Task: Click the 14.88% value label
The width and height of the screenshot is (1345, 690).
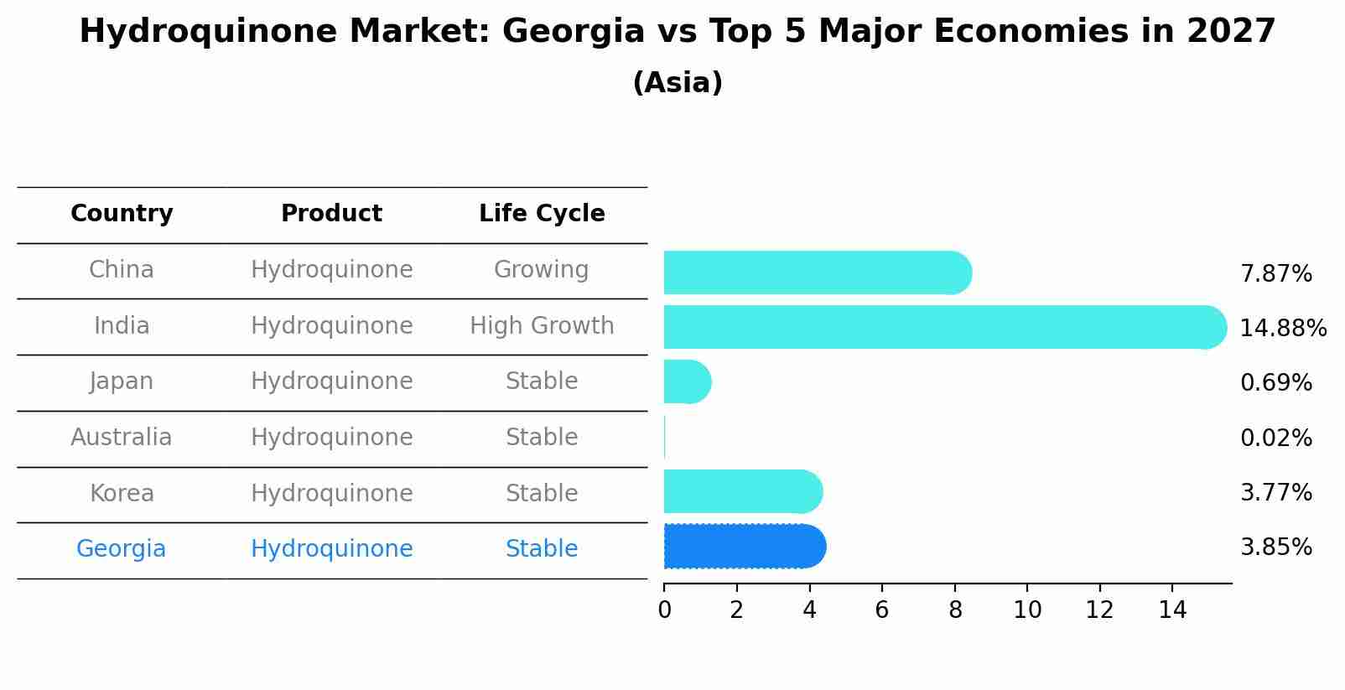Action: [1282, 328]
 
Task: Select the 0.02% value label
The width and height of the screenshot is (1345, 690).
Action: [1275, 438]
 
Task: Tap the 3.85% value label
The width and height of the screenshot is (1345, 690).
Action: [1275, 547]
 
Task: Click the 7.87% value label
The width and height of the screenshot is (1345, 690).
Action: [1275, 273]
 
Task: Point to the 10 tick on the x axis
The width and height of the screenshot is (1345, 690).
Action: [1027, 610]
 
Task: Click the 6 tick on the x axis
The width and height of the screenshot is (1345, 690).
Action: [881, 610]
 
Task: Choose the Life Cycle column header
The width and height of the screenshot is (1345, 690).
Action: [542, 214]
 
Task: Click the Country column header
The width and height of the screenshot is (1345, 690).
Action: [122, 214]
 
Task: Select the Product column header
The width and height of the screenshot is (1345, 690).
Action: [331, 214]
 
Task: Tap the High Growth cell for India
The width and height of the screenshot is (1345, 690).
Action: [542, 326]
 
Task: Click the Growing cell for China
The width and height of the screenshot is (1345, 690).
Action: [541, 270]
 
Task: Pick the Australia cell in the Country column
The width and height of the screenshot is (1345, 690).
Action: [122, 438]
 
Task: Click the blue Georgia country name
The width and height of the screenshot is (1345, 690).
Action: [122, 549]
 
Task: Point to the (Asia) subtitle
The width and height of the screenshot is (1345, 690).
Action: [678, 83]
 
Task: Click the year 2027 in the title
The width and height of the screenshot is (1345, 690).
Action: [1230, 32]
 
